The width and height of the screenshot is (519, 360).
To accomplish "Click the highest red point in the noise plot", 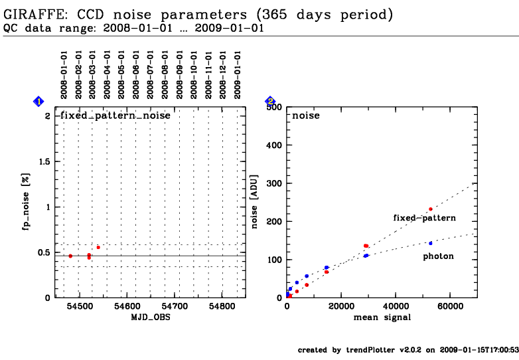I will coord(430,209).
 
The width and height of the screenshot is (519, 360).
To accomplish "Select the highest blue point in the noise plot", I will coord(430,243).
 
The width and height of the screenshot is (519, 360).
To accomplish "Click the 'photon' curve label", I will coord(439,256).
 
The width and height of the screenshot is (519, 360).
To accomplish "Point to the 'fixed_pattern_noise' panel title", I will coord(115,116).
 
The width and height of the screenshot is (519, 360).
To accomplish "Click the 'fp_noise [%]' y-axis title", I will coord(27,206).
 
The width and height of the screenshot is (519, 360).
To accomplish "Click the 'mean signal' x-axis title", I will coord(382,317).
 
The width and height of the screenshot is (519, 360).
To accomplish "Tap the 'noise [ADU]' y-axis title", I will coord(255,206).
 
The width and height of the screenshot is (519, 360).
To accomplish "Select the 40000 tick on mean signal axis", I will coord(396,308).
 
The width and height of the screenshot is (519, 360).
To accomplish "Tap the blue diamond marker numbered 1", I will coord(38,101).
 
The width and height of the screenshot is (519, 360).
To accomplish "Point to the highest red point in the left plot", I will coord(98,247).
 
